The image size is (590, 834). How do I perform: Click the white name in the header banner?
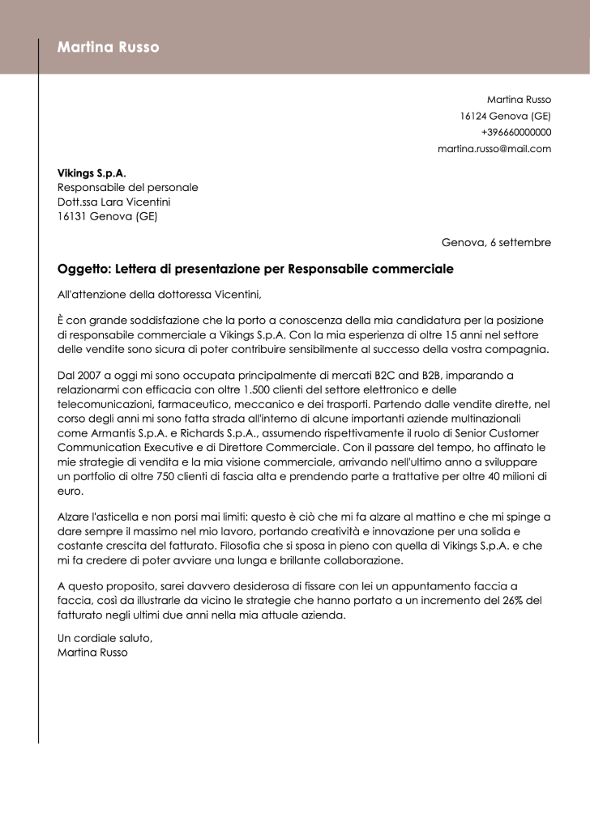(x=108, y=48)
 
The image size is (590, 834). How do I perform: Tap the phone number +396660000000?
(x=515, y=132)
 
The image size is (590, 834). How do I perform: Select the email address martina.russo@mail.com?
(x=494, y=149)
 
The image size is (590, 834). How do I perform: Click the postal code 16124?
(x=474, y=116)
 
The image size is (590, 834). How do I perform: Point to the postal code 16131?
(x=72, y=217)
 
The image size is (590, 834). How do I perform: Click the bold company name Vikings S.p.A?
(x=92, y=173)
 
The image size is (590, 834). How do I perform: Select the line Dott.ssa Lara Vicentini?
(x=114, y=202)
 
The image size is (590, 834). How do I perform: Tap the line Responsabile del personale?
(x=127, y=188)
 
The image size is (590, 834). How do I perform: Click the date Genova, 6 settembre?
(x=496, y=243)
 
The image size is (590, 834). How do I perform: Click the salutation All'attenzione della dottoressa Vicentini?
(x=160, y=295)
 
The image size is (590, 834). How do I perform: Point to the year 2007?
(x=92, y=376)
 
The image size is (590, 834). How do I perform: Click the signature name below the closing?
(x=92, y=653)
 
